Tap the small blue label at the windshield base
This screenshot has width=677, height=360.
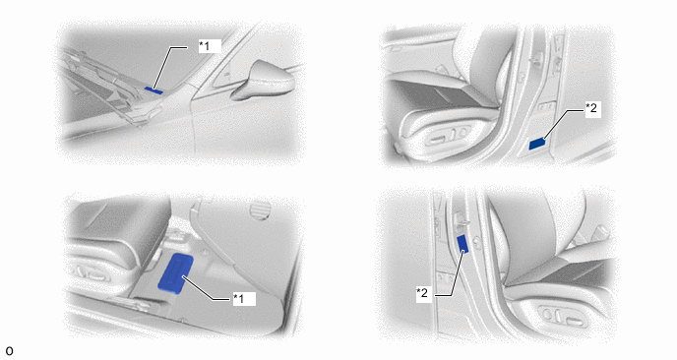154,90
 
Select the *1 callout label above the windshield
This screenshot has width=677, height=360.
210,46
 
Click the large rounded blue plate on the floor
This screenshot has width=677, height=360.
176,273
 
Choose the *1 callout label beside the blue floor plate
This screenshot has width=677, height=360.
244,299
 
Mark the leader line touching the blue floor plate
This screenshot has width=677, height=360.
209,287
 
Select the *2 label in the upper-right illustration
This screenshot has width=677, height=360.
591,109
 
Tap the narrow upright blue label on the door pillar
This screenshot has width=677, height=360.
462,244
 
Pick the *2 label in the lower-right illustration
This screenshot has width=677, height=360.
423,293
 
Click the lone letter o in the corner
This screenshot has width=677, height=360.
9,351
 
